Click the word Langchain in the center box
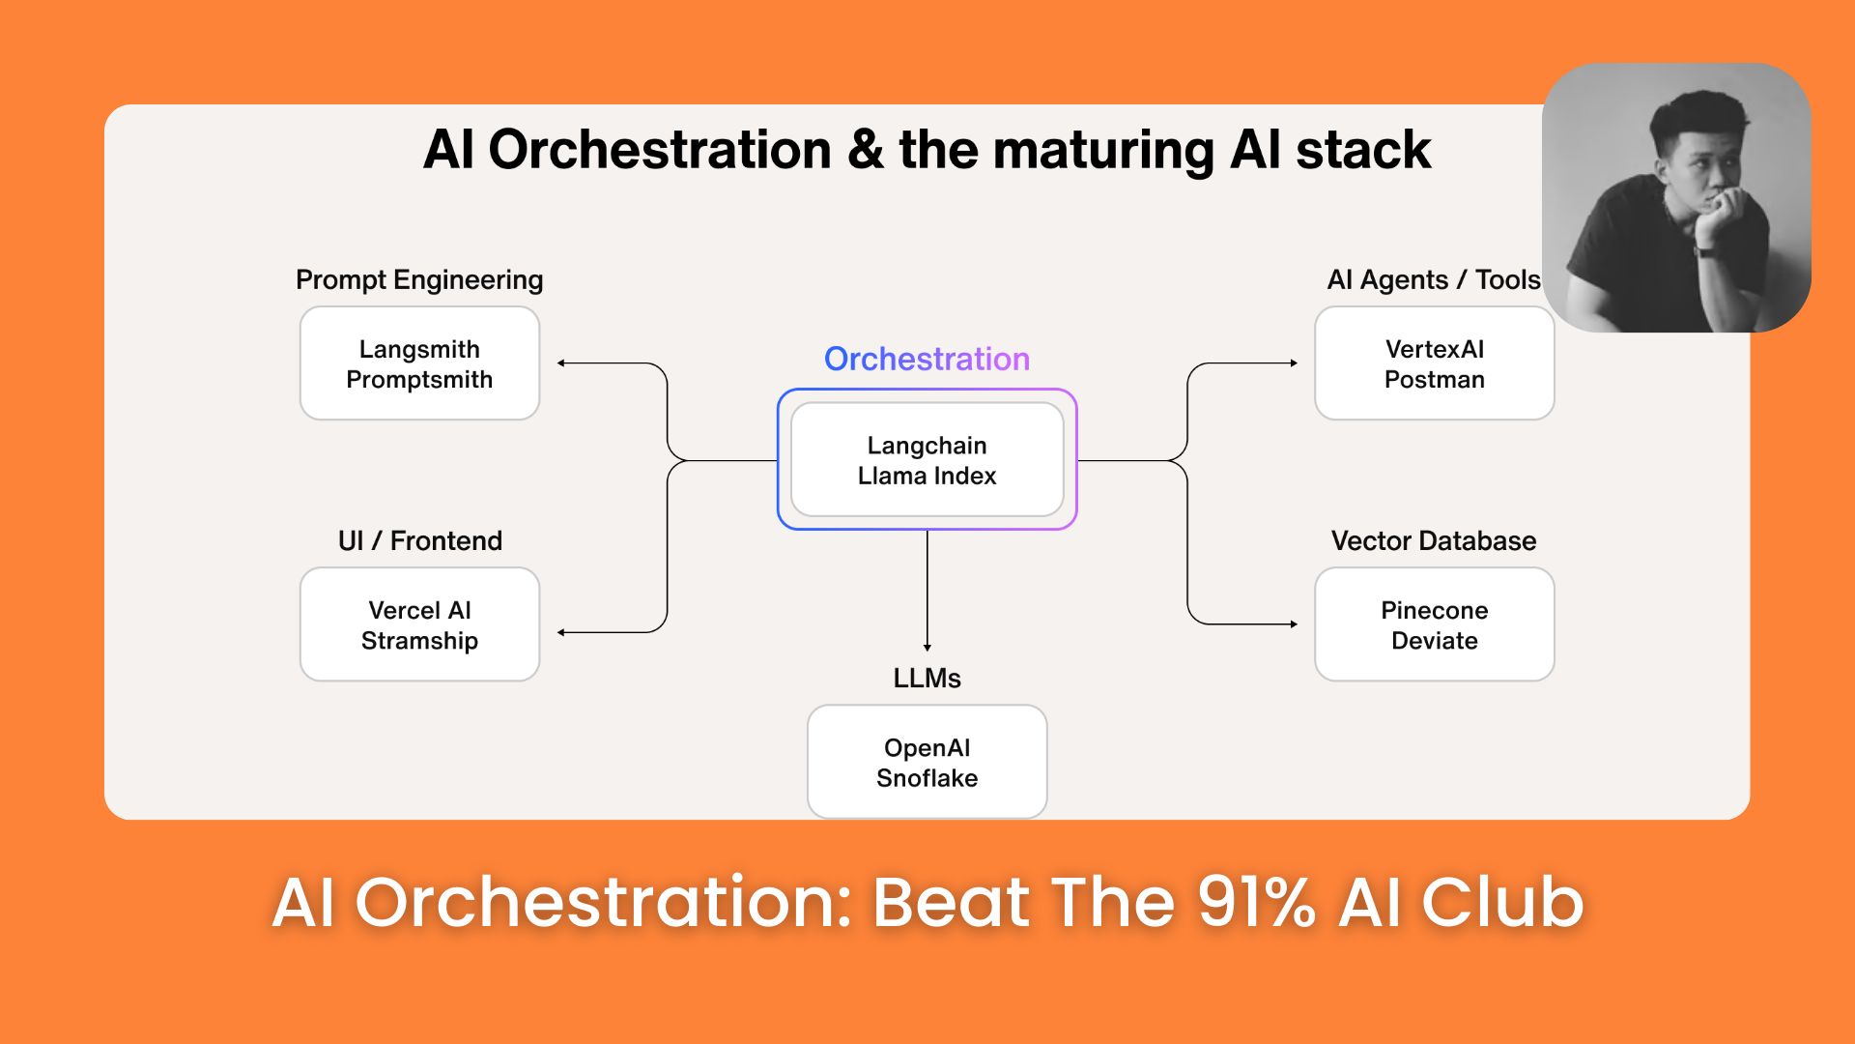927,446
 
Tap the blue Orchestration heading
927,359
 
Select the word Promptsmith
419,380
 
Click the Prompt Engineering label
419,280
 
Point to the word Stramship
419,641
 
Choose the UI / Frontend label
419,540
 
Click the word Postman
1434,380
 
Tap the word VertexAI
1434,349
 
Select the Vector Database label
1433,540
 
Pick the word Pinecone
1434,610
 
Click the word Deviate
1434,641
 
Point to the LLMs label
927,679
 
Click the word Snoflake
927,778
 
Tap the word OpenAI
927,748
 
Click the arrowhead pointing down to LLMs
927,647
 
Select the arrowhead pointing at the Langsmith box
561,363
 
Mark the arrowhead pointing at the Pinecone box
1294,624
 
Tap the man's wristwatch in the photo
1705,251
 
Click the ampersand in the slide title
865,151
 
